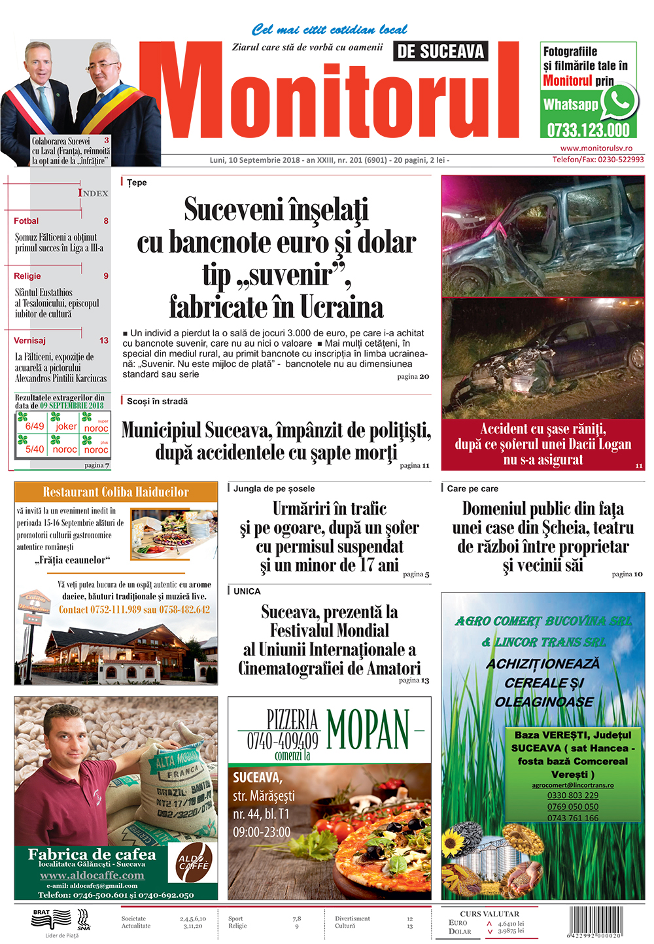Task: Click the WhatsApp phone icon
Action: (x=619, y=101)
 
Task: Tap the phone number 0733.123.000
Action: (x=588, y=130)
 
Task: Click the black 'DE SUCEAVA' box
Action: (x=441, y=52)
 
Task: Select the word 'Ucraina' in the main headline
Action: (x=341, y=307)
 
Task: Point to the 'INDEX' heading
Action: (x=93, y=193)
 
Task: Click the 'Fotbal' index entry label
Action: (x=26, y=221)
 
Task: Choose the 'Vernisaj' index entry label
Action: (x=30, y=340)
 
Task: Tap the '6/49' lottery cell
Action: (x=34, y=426)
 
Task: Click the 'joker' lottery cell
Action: (x=65, y=426)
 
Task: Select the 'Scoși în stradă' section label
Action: (x=157, y=401)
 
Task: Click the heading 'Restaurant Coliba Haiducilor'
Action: (x=116, y=492)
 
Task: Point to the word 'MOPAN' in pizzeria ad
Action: (x=368, y=729)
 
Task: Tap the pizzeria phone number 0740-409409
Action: (x=283, y=741)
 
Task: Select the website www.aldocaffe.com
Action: (x=92, y=875)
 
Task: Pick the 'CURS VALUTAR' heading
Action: (x=489, y=913)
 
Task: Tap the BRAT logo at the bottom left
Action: (x=51, y=919)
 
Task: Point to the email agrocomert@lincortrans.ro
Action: (x=573, y=785)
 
